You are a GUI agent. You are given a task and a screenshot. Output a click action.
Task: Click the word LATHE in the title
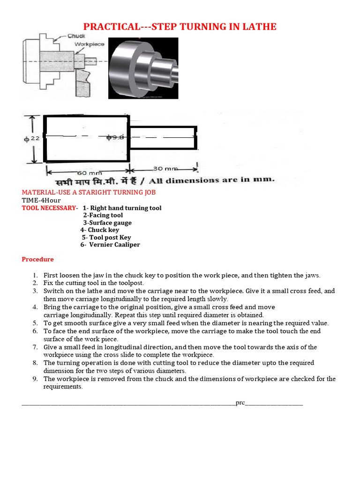259,27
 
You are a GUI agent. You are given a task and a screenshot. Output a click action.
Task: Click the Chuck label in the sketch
76,36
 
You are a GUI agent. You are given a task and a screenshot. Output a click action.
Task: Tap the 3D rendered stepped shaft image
143,68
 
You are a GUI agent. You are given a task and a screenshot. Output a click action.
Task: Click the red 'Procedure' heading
37,259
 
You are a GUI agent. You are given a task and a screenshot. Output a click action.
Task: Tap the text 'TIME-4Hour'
40,200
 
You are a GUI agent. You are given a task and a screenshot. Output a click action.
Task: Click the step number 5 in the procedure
35,323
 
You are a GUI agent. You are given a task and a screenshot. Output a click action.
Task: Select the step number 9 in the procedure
35,379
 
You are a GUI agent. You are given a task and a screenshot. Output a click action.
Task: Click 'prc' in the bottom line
240,403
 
